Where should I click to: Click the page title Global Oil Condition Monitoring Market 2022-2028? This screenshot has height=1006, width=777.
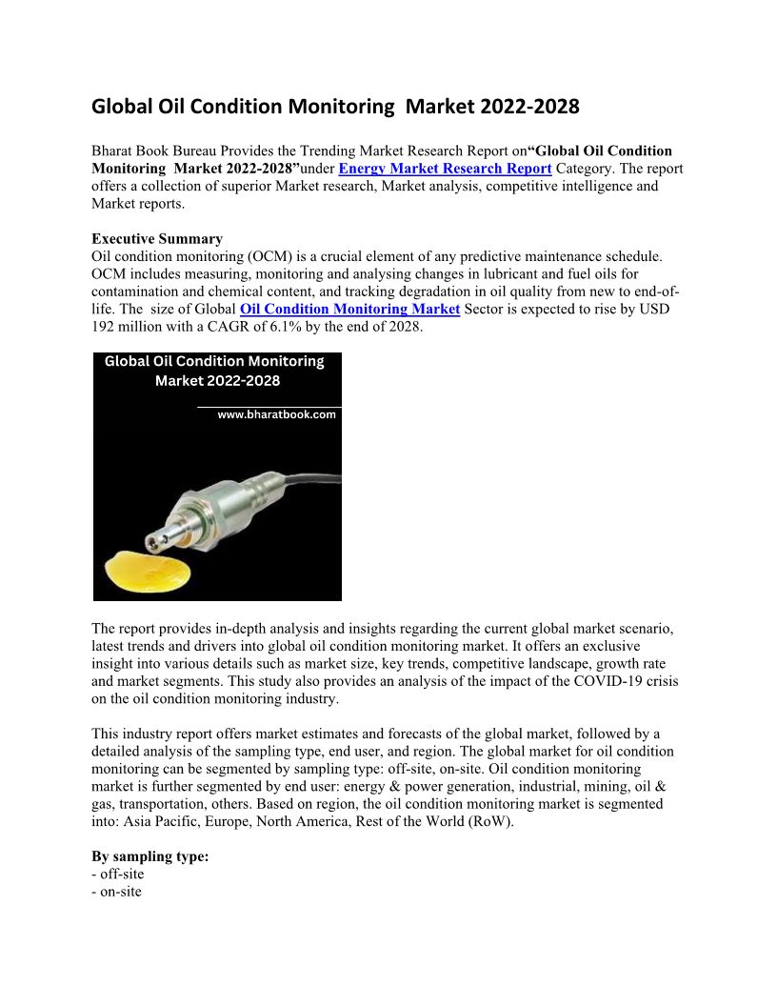click(335, 107)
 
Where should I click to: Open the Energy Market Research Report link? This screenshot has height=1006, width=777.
click(445, 169)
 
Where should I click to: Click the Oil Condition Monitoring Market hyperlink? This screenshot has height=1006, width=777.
click(349, 309)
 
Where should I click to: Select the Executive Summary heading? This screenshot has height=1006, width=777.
click(157, 239)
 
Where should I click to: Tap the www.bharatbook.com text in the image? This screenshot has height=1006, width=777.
click(276, 415)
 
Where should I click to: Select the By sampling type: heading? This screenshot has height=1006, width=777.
click(149, 856)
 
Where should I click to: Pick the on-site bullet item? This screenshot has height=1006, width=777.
click(121, 892)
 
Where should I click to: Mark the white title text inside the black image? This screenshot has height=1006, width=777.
click(215, 372)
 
